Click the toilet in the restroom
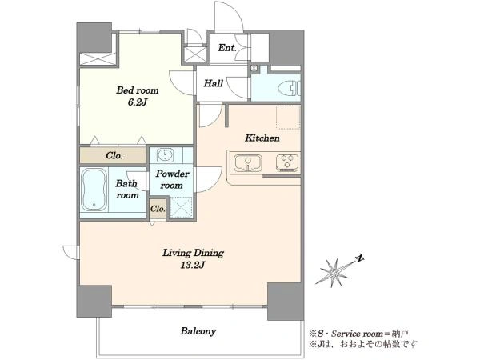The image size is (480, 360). click(x=289, y=89)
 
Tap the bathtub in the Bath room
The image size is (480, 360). click(x=94, y=190)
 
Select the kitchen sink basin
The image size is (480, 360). click(x=248, y=163)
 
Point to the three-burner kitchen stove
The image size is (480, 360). click(x=287, y=162)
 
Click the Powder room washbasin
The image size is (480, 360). click(x=166, y=155)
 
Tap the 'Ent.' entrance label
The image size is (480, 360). click(x=227, y=48)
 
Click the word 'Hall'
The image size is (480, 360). click(x=214, y=83)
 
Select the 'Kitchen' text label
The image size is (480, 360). click(x=262, y=138)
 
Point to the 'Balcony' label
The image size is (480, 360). click(x=198, y=331)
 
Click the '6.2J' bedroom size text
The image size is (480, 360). click(x=138, y=102)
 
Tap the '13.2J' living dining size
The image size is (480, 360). click(x=192, y=265)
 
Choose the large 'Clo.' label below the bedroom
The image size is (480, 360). click(x=114, y=156)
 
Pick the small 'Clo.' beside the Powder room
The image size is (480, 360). click(x=158, y=209)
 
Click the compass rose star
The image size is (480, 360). click(x=334, y=273)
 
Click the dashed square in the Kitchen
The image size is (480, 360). click(x=288, y=117)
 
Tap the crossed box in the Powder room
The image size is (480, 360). click(x=182, y=207)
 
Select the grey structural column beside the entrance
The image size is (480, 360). click(x=286, y=48)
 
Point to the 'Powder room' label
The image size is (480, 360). click(x=172, y=179)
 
